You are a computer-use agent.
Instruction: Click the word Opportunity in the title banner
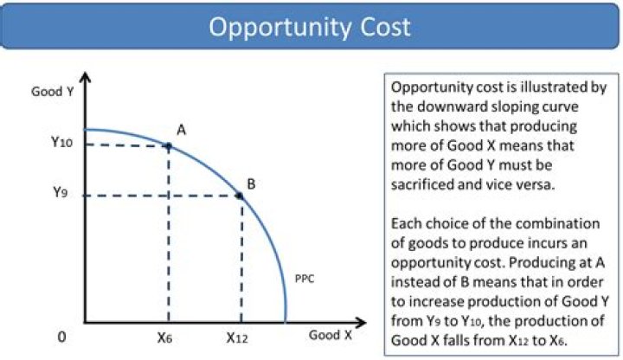coord(278,27)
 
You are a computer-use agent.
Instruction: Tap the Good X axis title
coord(331,334)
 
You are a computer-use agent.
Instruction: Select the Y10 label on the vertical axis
coord(61,144)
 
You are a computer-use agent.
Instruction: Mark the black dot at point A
coord(169,145)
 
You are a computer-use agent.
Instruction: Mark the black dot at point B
coord(241,196)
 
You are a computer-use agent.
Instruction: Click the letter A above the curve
coord(182,129)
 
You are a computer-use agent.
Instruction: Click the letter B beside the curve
coord(251,183)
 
